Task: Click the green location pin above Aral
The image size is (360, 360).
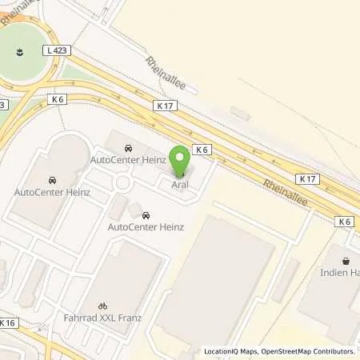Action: pos(181,160)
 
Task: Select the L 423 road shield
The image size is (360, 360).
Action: pos(58,50)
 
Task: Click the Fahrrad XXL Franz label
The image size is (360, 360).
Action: pos(102,318)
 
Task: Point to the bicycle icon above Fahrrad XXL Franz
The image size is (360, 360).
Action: pos(102,305)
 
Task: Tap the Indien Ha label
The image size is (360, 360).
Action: pos(342,273)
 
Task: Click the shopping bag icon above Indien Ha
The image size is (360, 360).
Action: pos(346,261)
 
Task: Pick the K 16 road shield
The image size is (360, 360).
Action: pos(8,323)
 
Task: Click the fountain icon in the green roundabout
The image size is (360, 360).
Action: pos(18,54)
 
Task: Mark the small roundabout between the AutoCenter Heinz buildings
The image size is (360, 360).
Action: pos(123,184)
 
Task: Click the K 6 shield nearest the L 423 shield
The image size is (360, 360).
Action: pos(57,99)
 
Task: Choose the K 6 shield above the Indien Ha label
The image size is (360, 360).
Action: pos(345,221)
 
